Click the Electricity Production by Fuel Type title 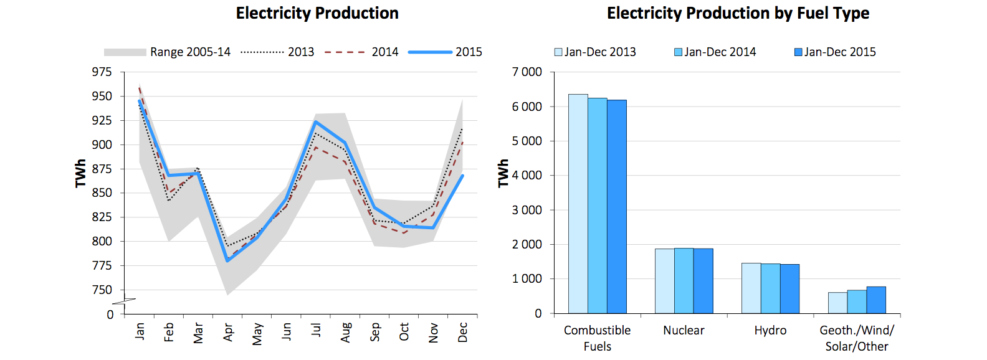pyautogui.click(x=738, y=13)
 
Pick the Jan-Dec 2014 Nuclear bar pyautogui.click(x=684, y=280)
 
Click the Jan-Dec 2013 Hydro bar pyautogui.click(x=751, y=288)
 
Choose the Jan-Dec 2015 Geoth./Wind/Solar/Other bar pyautogui.click(x=876, y=300)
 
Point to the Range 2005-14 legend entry pyautogui.click(x=167, y=52)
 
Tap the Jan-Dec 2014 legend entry pyautogui.click(x=715, y=52)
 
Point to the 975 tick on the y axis pyautogui.click(x=102, y=72)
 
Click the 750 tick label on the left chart pyautogui.click(x=102, y=290)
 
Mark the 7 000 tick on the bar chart pyautogui.click(x=527, y=72)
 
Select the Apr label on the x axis pyautogui.click(x=228, y=332)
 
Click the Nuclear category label pyautogui.click(x=684, y=330)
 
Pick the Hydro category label pyautogui.click(x=770, y=330)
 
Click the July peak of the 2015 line pyautogui.click(x=316, y=121)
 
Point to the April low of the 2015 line pyautogui.click(x=227, y=260)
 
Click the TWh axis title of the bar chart pyautogui.click(x=503, y=173)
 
